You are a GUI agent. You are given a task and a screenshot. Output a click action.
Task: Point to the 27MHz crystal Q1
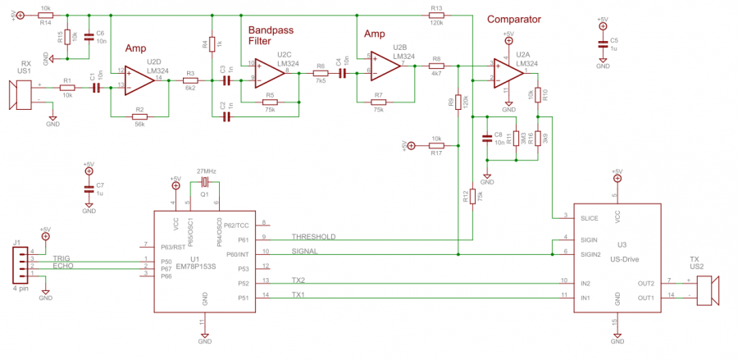(x=205, y=183)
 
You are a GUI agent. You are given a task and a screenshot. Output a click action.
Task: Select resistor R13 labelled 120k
(x=435, y=16)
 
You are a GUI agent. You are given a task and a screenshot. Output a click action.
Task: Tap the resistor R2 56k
(x=140, y=116)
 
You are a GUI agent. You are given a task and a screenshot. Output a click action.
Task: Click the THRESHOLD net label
(x=313, y=236)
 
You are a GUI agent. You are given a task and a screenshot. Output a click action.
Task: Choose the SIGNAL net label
(x=306, y=252)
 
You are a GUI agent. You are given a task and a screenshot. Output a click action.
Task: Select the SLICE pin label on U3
(x=589, y=219)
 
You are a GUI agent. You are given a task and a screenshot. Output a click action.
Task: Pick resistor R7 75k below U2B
(x=379, y=103)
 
